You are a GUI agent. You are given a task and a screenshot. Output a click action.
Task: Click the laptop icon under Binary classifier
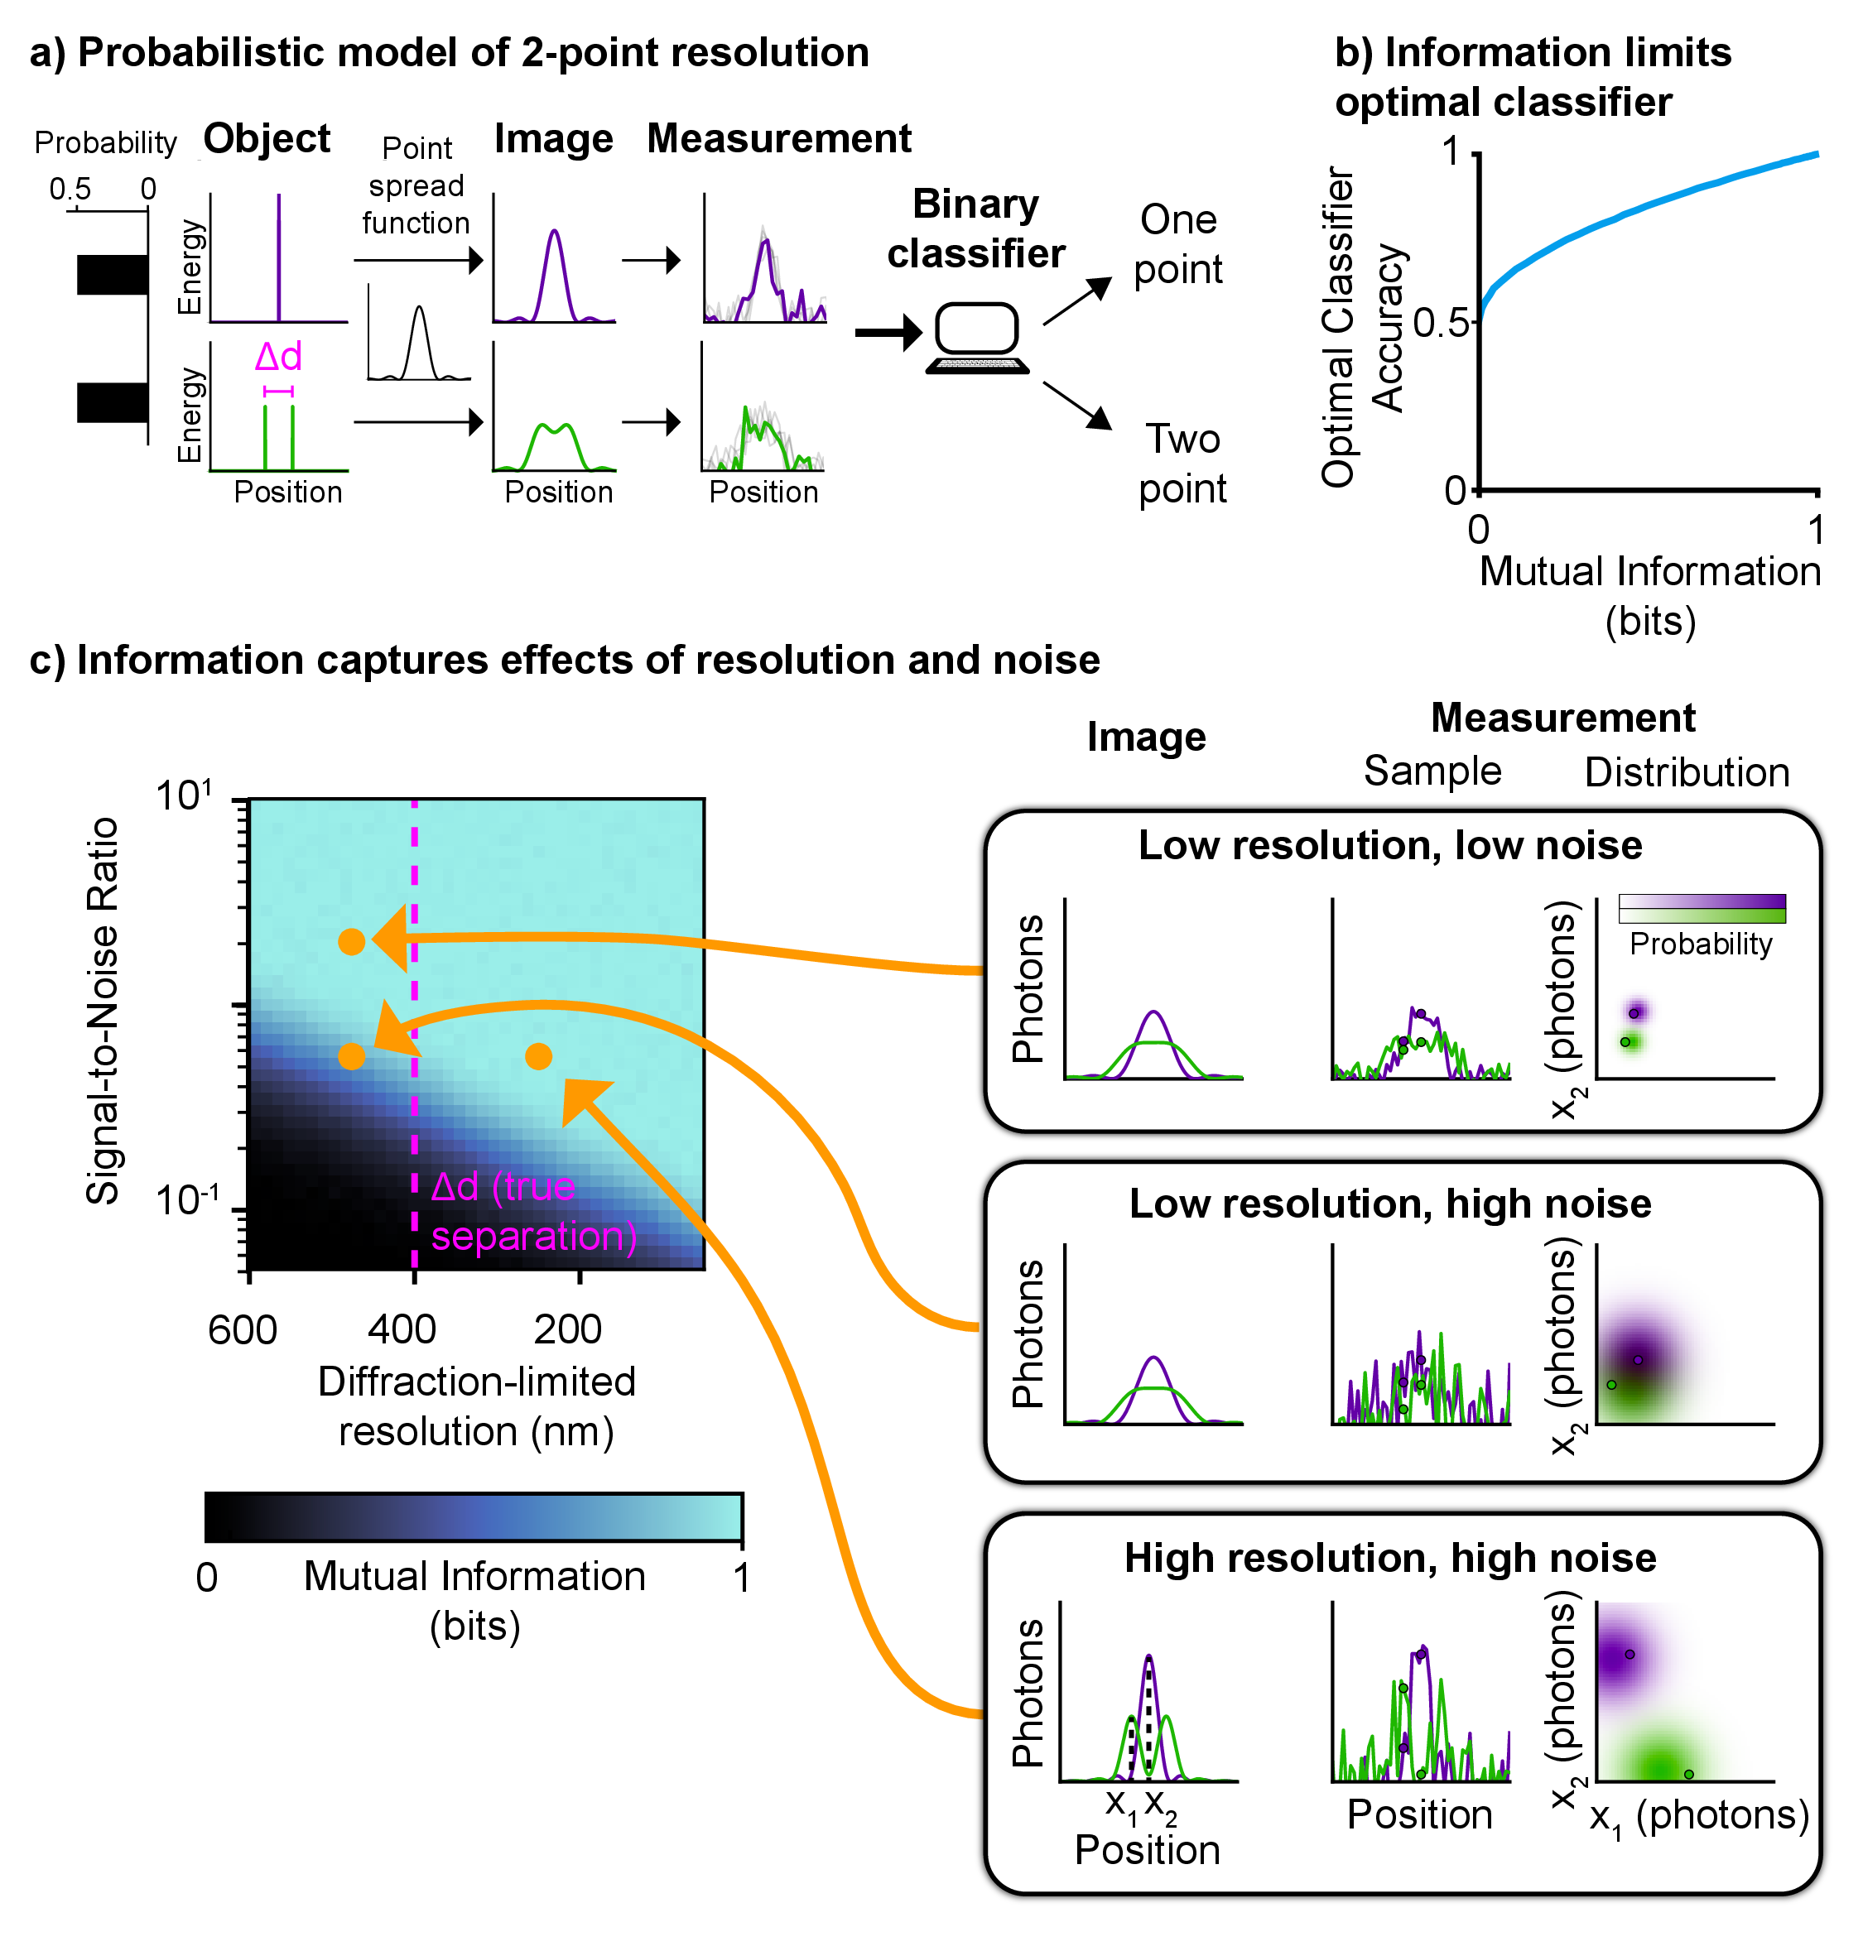(x=977, y=338)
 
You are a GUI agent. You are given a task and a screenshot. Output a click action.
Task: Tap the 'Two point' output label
(x=1182, y=464)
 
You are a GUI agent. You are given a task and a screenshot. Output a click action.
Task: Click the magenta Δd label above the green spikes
(x=278, y=357)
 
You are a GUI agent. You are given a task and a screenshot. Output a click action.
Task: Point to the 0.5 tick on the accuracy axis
(x=1440, y=323)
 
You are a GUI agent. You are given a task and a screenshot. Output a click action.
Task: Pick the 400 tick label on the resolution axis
(x=402, y=1329)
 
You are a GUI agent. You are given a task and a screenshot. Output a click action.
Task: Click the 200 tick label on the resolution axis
(x=567, y=1329)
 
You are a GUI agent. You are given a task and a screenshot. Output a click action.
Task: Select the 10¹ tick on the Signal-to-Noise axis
(x=185, y=795)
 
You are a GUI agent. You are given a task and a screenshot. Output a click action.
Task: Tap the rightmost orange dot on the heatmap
(x=538, y=1056)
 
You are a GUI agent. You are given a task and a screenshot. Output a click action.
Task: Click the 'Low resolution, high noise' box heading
(x=1389, y=1204)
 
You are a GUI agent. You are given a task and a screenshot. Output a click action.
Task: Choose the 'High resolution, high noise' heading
(x=1389, y=1558)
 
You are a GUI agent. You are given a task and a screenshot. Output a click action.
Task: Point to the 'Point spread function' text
(x=416, y=185)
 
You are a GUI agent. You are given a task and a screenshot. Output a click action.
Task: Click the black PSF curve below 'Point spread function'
(x=419, y=343)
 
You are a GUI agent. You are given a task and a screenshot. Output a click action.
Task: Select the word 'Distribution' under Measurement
(x=1687, y=772)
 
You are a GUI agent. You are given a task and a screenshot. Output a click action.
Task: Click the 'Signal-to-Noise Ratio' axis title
(x=103, y=1010)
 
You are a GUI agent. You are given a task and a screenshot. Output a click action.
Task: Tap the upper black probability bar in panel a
(x=113, y=275)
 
